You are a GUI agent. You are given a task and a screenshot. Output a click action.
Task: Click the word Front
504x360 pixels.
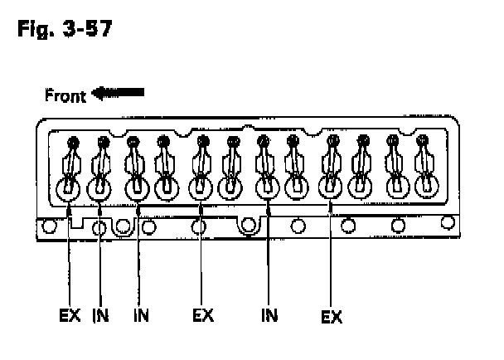(x=65, y=96)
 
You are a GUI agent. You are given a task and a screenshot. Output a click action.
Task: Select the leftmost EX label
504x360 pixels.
(x=70, y=316)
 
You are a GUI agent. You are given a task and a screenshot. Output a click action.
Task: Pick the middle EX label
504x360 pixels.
(x=203, y=316)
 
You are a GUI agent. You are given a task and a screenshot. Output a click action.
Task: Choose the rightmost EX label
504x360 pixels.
(x=331, y=317)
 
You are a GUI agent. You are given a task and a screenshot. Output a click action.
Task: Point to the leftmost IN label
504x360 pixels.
(x=100, y=316)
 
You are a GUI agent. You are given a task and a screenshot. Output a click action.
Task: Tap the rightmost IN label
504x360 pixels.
(x=269, y=316)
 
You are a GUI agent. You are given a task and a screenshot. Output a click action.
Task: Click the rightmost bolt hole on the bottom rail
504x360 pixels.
(x=448, y=221)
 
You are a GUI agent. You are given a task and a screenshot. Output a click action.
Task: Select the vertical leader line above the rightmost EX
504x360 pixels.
(x=331, y=257)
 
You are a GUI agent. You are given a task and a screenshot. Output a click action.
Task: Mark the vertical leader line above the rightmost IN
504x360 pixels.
(x=269, y=257)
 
